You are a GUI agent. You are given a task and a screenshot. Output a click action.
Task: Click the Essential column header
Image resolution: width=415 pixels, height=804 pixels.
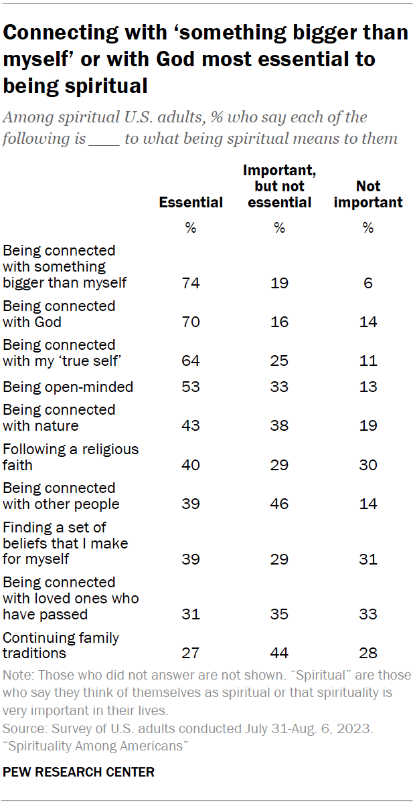191,203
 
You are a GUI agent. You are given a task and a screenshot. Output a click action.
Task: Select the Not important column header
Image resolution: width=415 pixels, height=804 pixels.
368,194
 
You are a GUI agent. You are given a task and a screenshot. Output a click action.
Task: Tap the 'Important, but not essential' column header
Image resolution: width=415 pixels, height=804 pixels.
279,187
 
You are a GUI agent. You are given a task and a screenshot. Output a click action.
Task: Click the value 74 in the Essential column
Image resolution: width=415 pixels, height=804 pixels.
191,283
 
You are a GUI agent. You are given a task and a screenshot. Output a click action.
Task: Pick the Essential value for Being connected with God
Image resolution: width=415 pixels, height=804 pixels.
191,322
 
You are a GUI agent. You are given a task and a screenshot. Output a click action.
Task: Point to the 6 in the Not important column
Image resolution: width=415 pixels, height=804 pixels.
368,283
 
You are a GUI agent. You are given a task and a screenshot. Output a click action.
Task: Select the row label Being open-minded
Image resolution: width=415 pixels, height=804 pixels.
68,387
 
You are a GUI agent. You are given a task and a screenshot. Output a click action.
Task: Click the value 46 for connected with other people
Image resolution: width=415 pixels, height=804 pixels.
279,504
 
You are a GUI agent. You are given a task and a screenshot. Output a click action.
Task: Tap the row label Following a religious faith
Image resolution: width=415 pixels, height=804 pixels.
70,457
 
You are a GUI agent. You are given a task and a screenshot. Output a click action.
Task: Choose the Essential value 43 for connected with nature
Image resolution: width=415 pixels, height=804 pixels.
191,426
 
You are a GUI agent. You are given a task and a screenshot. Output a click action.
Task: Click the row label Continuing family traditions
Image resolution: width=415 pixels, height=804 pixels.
61,645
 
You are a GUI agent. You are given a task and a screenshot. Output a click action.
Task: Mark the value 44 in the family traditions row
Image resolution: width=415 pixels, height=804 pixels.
279,654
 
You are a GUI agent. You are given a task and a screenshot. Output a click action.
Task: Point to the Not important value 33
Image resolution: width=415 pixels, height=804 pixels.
368,614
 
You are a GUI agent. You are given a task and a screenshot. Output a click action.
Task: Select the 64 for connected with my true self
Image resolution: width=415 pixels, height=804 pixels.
191,361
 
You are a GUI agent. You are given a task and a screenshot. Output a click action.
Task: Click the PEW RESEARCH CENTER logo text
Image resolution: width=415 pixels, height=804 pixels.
79,772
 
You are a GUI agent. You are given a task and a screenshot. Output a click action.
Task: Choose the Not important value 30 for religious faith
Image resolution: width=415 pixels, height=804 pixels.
368,465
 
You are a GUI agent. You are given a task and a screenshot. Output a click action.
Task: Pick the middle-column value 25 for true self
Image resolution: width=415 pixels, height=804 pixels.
279,361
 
